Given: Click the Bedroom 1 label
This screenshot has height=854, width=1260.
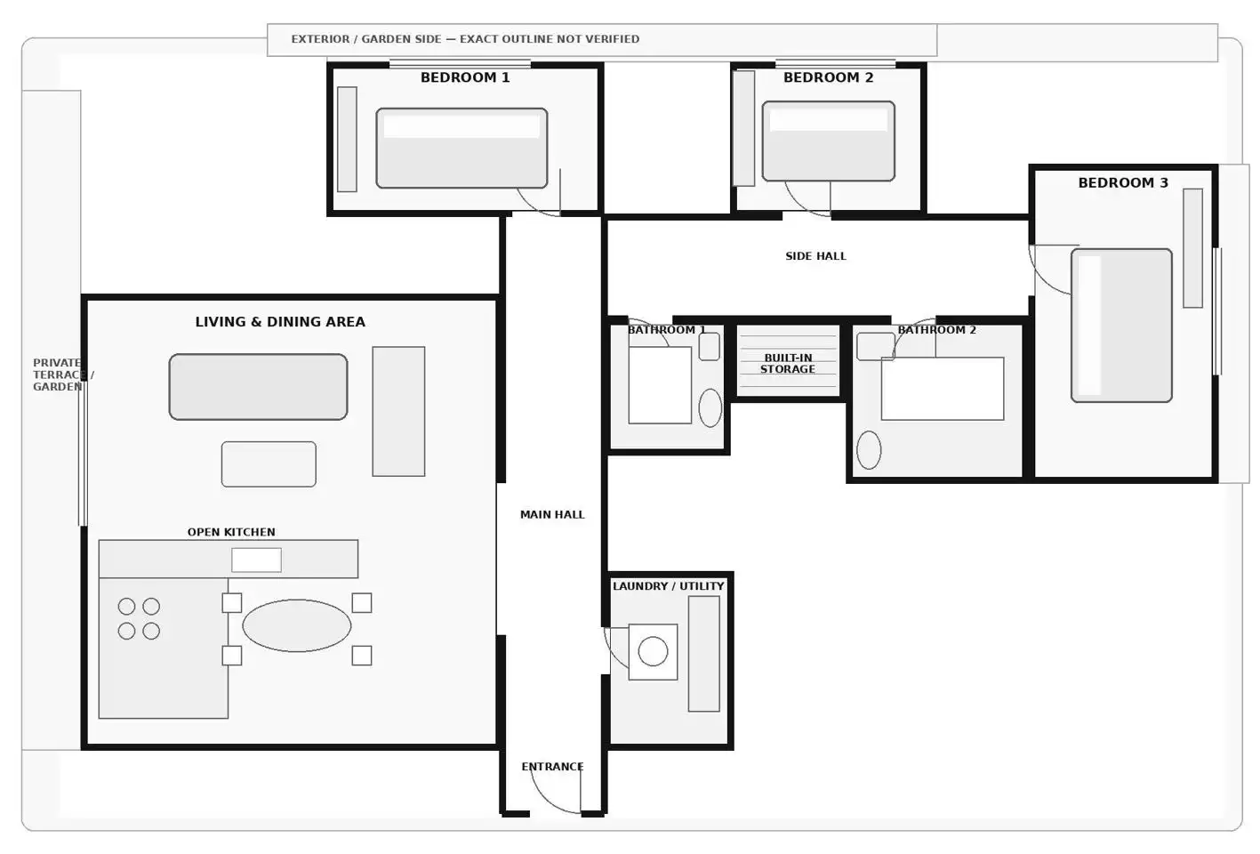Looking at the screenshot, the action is click(x=465, y=77).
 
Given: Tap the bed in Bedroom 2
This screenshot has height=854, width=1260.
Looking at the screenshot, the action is click(x=828, y=141).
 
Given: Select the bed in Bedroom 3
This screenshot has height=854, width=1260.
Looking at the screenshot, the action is click(x=1121, y=326).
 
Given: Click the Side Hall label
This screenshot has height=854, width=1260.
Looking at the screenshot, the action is click(x=815, y=256).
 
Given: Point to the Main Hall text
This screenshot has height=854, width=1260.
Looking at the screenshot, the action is click(x=552, y=514).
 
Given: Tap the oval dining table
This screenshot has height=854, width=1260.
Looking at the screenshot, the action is click(x=296, y=625).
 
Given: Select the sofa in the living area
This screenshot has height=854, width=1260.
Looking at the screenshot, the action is click(x=258, y=386).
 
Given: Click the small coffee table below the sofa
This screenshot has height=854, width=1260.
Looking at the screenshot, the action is click(x=269, y=464).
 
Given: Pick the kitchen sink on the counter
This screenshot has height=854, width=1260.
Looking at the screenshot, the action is click(x=256, y=560).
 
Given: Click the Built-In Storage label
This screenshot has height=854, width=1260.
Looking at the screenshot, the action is click(x=788, y=364).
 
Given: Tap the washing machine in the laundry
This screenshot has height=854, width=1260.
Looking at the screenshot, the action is click(x=653, y=651).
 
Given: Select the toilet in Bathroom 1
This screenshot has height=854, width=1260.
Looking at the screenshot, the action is click(x=710, y=407).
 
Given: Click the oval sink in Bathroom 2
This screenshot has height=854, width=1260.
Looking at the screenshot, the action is click(x=869, y=450).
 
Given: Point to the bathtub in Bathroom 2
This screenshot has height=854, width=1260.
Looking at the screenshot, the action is click(x=943, y=388).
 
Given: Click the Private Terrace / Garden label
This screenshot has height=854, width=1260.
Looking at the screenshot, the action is click(x=62, y=375).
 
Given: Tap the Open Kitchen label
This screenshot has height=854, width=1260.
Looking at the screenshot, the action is click(x=231, y=532).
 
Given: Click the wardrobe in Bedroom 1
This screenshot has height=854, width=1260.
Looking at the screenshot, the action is click(x=347, y=139).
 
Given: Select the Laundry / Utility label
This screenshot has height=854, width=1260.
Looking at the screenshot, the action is click(x=669, y=585).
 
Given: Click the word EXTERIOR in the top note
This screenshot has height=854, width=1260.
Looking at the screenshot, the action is click(x=320, y=39).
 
